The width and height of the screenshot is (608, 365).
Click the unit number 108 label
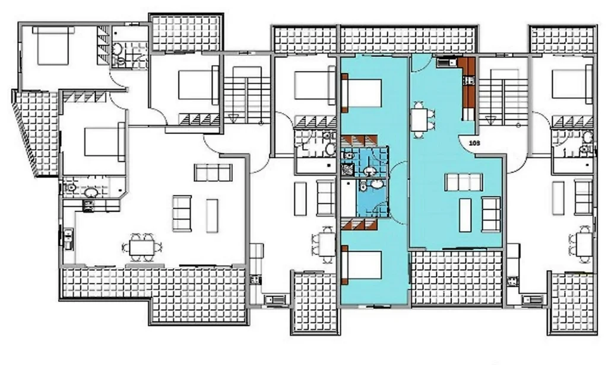pyautogui.click(x=474, y=143)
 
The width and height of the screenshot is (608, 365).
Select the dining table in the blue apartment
pyautogui.click(x=419, y=120)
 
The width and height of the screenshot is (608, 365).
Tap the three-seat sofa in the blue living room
pyautogui.click(x=463, y=182)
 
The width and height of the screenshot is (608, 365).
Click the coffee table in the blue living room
pyautogui.click(x=465, y=215)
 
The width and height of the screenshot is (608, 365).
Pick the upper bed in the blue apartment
pyautogui.click(x=362, y=93)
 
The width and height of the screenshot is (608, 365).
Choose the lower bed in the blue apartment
pyautogui.click(x=362, y=265)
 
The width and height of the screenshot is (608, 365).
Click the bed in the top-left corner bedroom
pyautogui.click(x=53, y=45)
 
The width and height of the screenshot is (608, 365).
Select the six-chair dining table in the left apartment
pyautogui.click(x=142, y=247)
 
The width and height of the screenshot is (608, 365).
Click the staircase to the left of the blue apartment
pyautogui.click(x=247, y=95)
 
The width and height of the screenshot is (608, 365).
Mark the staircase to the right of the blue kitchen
pyautogui.click(x=503, y=97)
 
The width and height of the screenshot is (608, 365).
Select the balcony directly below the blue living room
pyautogui.click(x=457, y=277)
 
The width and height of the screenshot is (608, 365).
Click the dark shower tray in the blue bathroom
pyautogui.click(x=347, y=169)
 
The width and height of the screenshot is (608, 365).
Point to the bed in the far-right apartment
pyautogui.click(x=572, y=85)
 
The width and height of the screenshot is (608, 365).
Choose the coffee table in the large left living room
pyautogui.click(x=212, y=216)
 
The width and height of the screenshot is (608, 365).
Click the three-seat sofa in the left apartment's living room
pyautogui.click(x=213, y=172)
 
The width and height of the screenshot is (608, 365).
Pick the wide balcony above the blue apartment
pyautogui.click(x=408, y=39)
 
